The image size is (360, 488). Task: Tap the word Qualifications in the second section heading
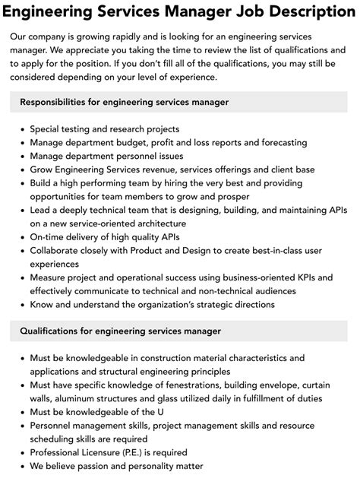(57, 331)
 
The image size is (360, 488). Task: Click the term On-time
(48, 237)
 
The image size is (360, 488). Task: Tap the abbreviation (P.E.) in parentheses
(141, 453)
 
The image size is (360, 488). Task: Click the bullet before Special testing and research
(22, 129)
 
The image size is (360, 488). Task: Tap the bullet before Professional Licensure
(22, 453)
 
